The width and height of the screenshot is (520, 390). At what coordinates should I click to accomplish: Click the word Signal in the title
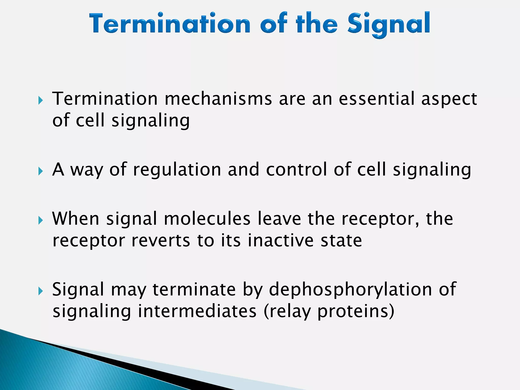[388, 24]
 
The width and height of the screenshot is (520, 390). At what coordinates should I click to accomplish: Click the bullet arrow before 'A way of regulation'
[41, 172]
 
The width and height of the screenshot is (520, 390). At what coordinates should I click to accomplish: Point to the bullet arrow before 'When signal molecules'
[41, 220]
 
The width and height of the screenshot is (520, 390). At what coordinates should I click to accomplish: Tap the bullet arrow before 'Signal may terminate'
[41, 291]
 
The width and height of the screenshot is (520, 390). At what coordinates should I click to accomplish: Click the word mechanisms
[218, 99]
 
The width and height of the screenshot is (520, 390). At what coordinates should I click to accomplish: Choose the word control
[296, 170]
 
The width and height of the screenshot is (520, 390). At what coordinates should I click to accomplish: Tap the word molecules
[207, 219]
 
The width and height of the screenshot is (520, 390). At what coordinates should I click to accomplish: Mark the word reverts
[161, 241]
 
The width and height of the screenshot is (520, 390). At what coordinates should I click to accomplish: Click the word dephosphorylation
[350, 290]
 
